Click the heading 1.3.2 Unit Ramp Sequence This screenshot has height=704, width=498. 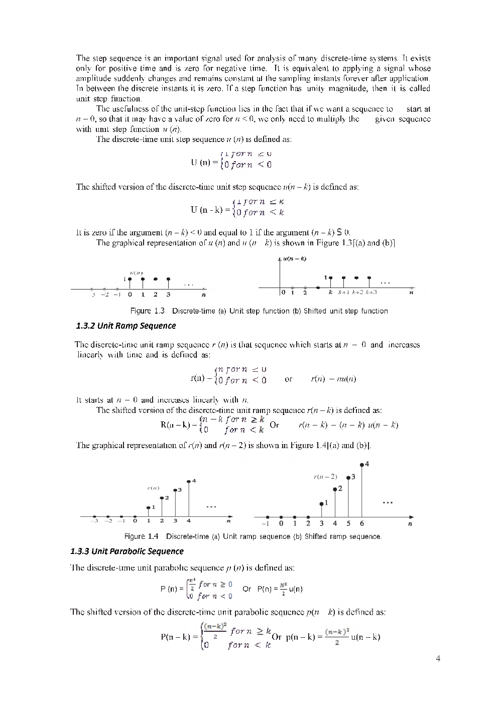tap(126, 326)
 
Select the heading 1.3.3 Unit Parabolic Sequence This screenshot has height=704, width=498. tap(127, 551)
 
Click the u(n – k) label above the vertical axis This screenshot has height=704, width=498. tap(295, 259)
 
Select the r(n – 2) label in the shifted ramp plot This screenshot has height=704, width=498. tap(325, 476)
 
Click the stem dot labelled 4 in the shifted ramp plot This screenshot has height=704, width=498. tap(362, 464)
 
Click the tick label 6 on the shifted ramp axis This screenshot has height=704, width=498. tap(362, 523)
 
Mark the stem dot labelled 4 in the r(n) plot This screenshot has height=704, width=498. tap(188, 481)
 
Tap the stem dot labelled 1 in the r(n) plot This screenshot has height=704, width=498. tap(148, 507)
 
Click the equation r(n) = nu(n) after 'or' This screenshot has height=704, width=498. tap(333, 379)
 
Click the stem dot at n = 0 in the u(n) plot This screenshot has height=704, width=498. tap(130, 278)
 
